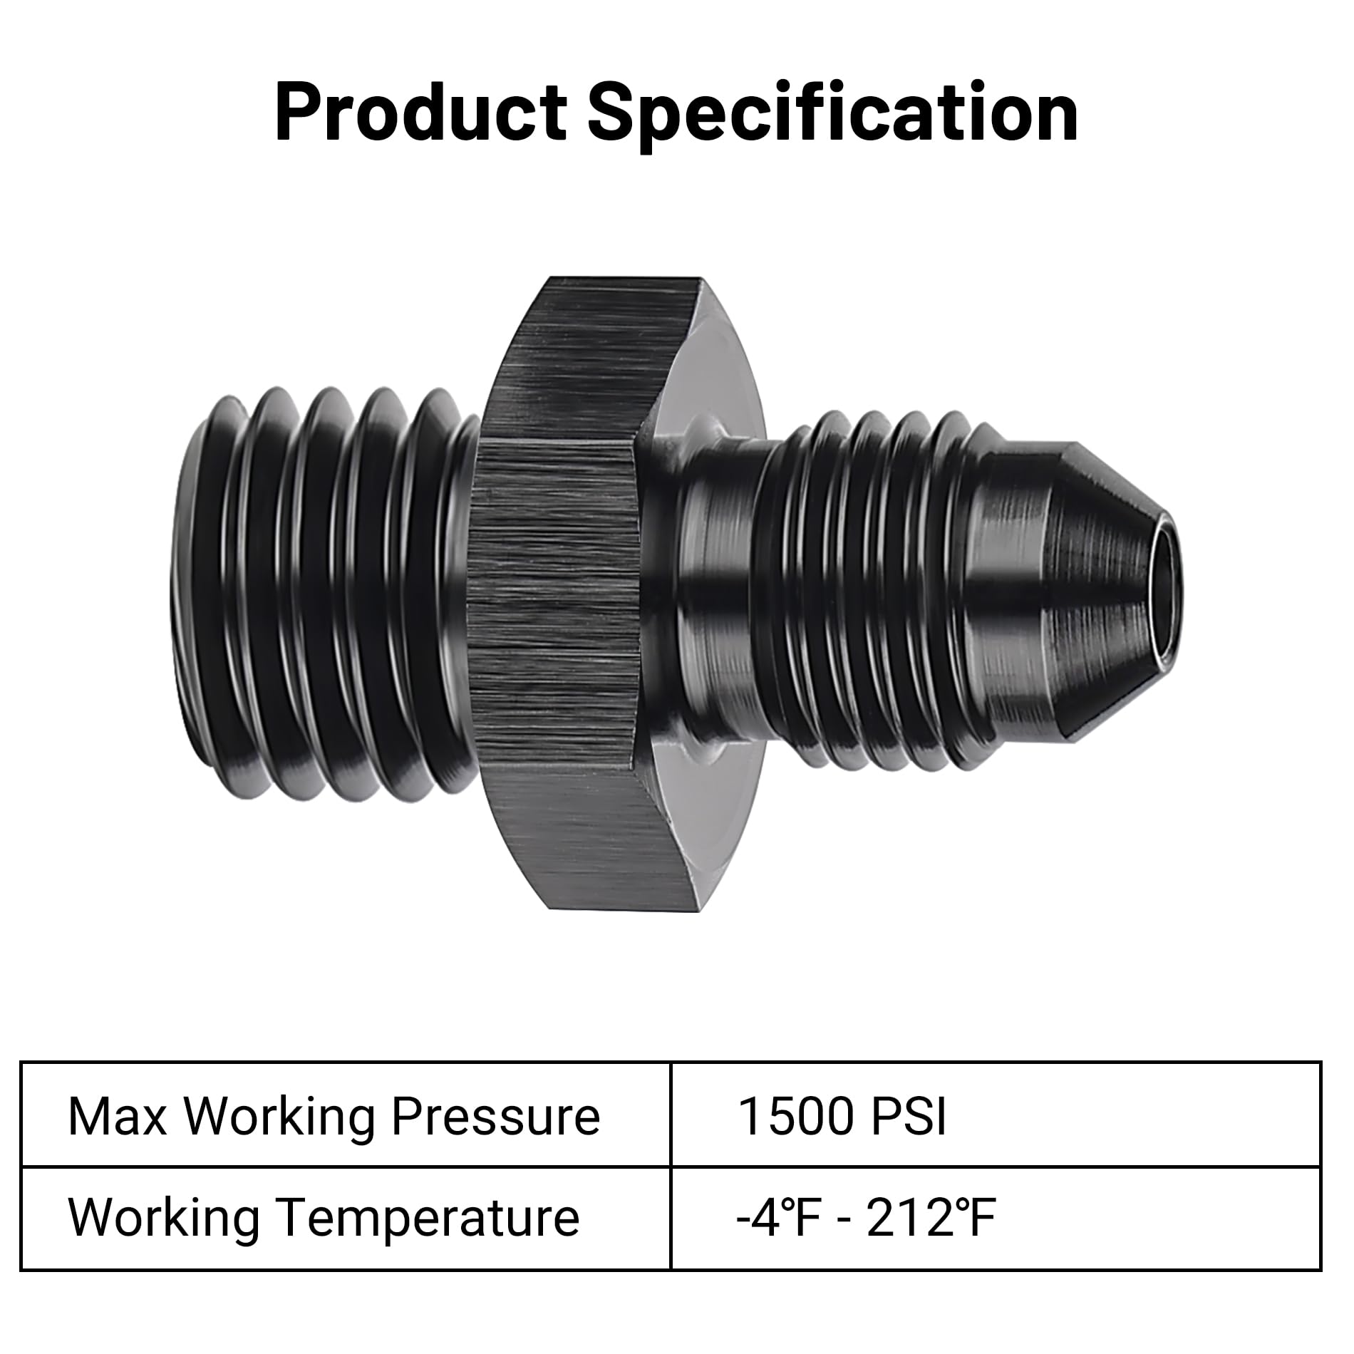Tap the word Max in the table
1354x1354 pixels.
(x=117, y=1117)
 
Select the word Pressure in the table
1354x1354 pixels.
(x=496, y=1117)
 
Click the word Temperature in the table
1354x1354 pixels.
(x=428, y=1218)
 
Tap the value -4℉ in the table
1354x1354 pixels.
(x=776, y=1218)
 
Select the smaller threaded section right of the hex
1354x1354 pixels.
(x=884, y=591)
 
